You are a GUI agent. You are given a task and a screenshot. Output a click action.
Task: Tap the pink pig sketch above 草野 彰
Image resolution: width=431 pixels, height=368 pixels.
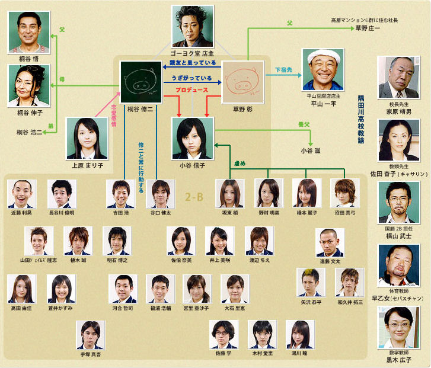pyautogui.click(x=242, y=82)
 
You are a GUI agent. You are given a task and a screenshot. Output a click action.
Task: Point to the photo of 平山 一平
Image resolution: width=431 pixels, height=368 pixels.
pyautogui.click(x=323, y=69)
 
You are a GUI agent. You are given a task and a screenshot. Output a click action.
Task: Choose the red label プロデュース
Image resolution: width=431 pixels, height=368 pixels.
pyautogui.click(x=191, y=89)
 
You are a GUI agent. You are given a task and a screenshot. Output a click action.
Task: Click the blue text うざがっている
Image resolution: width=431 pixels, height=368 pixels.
pyautogui.click(x=191, y=78)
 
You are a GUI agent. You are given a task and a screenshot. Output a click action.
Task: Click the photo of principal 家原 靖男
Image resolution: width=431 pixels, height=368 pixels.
pyautogui.click(x=398, y=77)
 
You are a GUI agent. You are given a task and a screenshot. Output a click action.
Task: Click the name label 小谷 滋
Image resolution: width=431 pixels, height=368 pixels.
pyautogui.click(x=310, y=151)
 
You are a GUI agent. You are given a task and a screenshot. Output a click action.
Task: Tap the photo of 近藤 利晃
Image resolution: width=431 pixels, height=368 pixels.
pyautogui.click(x=23, y=194)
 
